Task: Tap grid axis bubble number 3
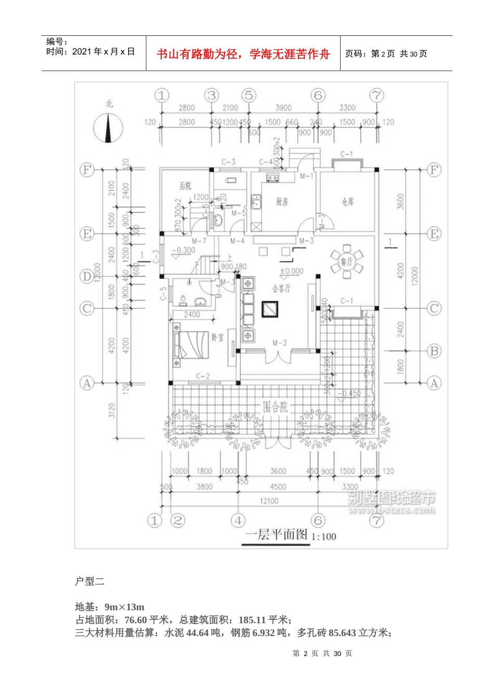point(211,95)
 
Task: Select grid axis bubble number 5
point(249,95)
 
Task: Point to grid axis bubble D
point(86,276)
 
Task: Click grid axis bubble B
point(434,351)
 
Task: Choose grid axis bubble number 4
point(238,520)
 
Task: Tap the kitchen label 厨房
point(282,202)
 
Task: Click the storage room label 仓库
point(348,202)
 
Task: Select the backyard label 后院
point(185,186)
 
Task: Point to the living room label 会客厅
point(281,288)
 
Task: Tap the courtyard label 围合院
point(275,407)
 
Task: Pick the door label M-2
point(280,343)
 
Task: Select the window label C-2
point(203,376)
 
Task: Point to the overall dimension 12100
point(269,501)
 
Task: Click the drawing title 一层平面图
point(276,535)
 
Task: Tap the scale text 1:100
point(324,537)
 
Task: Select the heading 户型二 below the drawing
point(89,581)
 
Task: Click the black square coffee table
point(271,310)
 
